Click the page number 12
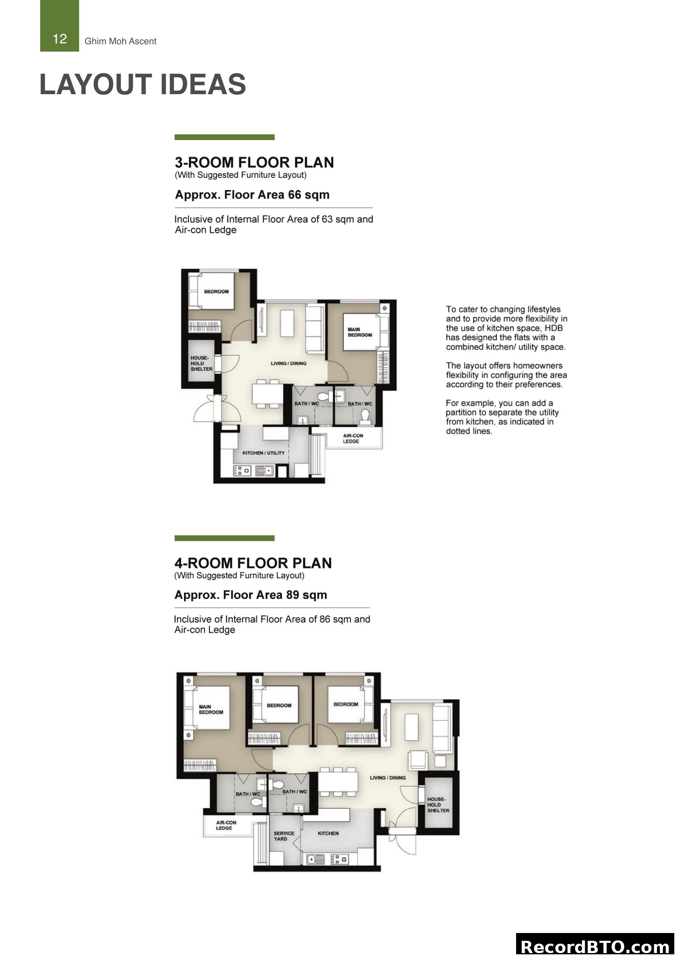click(60, 39)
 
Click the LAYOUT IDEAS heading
click(142, 84)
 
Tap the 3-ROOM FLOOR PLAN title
click(254, 162)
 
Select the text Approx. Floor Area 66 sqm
click(252, 195)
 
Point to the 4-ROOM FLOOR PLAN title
click(253, 563)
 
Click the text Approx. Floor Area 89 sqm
click(250, 595)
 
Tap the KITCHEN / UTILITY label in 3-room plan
click(264, 453)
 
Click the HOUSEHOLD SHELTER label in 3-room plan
click(201, 363)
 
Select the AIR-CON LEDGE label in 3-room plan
click(353, 438)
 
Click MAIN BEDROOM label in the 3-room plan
click(359, 332)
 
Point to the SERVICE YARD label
click(284, 836)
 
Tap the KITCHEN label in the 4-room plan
click(328, 833)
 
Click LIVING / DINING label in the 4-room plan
click(387, 778)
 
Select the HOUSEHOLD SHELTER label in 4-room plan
click(438, 805)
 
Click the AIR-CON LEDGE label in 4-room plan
click(226, 825)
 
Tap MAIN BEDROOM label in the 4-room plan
click(211, 709)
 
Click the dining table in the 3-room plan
click(268, 394)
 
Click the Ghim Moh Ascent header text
click(120, 41)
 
